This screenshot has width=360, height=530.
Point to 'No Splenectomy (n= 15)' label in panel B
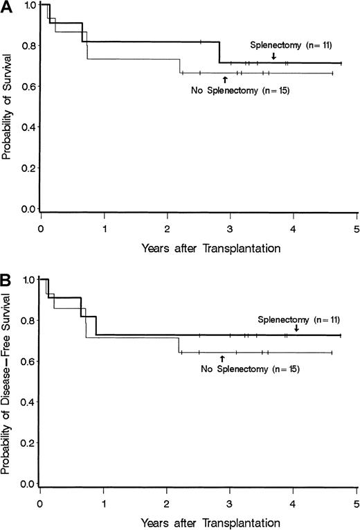(x=235, y=369)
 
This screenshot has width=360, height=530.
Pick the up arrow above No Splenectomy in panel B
(x=222, y=358)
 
